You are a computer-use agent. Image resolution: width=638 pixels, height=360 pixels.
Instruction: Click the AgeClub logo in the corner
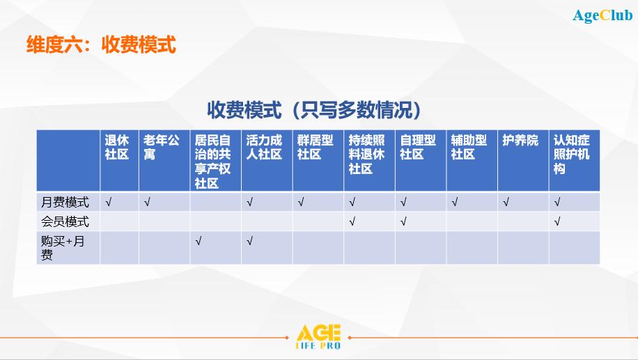coord(602,16)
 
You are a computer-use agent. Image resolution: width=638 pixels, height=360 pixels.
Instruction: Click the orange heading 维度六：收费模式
coord(101,45)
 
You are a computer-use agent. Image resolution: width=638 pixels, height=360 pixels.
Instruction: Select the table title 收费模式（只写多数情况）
coord(313,110)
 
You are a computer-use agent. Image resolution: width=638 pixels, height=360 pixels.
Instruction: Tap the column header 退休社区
coord(117,147)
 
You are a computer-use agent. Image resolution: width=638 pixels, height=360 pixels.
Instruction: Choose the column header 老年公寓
coord(161,147)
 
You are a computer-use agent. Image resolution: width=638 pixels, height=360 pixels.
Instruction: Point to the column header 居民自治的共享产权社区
coord(212,162)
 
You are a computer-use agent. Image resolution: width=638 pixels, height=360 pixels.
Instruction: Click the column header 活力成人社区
coord(264,147)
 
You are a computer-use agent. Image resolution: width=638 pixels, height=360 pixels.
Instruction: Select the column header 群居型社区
coord(315,147)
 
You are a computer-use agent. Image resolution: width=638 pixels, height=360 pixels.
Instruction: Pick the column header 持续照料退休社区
coord(366,155)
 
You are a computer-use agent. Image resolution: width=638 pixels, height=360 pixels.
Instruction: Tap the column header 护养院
coord(520,141)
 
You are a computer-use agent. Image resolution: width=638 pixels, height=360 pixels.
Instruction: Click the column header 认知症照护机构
coord(572,155)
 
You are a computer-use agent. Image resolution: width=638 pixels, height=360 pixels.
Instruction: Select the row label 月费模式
coord(65,202)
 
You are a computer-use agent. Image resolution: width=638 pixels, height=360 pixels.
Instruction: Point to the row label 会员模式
coord(65,221)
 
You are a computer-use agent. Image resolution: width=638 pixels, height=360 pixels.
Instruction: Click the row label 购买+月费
coord(63,248)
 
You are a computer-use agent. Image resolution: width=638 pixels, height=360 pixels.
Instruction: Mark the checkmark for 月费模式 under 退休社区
coord(108,202)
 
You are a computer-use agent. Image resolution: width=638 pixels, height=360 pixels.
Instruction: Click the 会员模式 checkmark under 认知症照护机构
coord(557,221)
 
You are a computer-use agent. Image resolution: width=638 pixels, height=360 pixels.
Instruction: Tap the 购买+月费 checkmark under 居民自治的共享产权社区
coord(198,241)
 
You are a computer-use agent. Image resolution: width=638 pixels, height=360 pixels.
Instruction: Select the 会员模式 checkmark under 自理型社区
coord(403,221)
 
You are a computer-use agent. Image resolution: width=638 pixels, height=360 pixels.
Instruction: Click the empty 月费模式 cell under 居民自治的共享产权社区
coord(216,202)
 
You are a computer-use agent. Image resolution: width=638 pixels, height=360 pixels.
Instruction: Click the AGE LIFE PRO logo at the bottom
coord(318,337)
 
